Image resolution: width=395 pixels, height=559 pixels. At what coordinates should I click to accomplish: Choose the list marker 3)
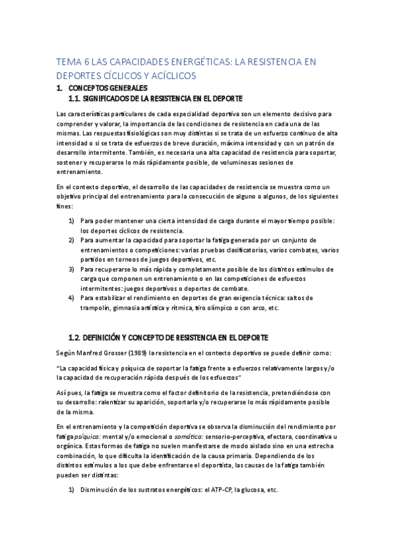(72, 269)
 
